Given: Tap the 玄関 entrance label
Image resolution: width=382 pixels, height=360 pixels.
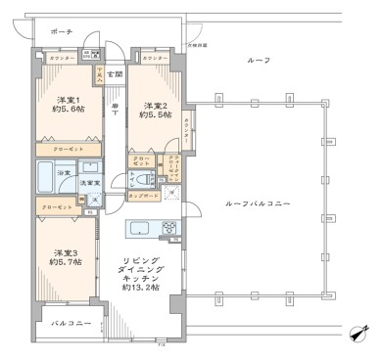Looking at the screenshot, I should tap(115, 74).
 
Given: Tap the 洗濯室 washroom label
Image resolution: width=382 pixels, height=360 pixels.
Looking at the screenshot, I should tap(90, 183).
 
